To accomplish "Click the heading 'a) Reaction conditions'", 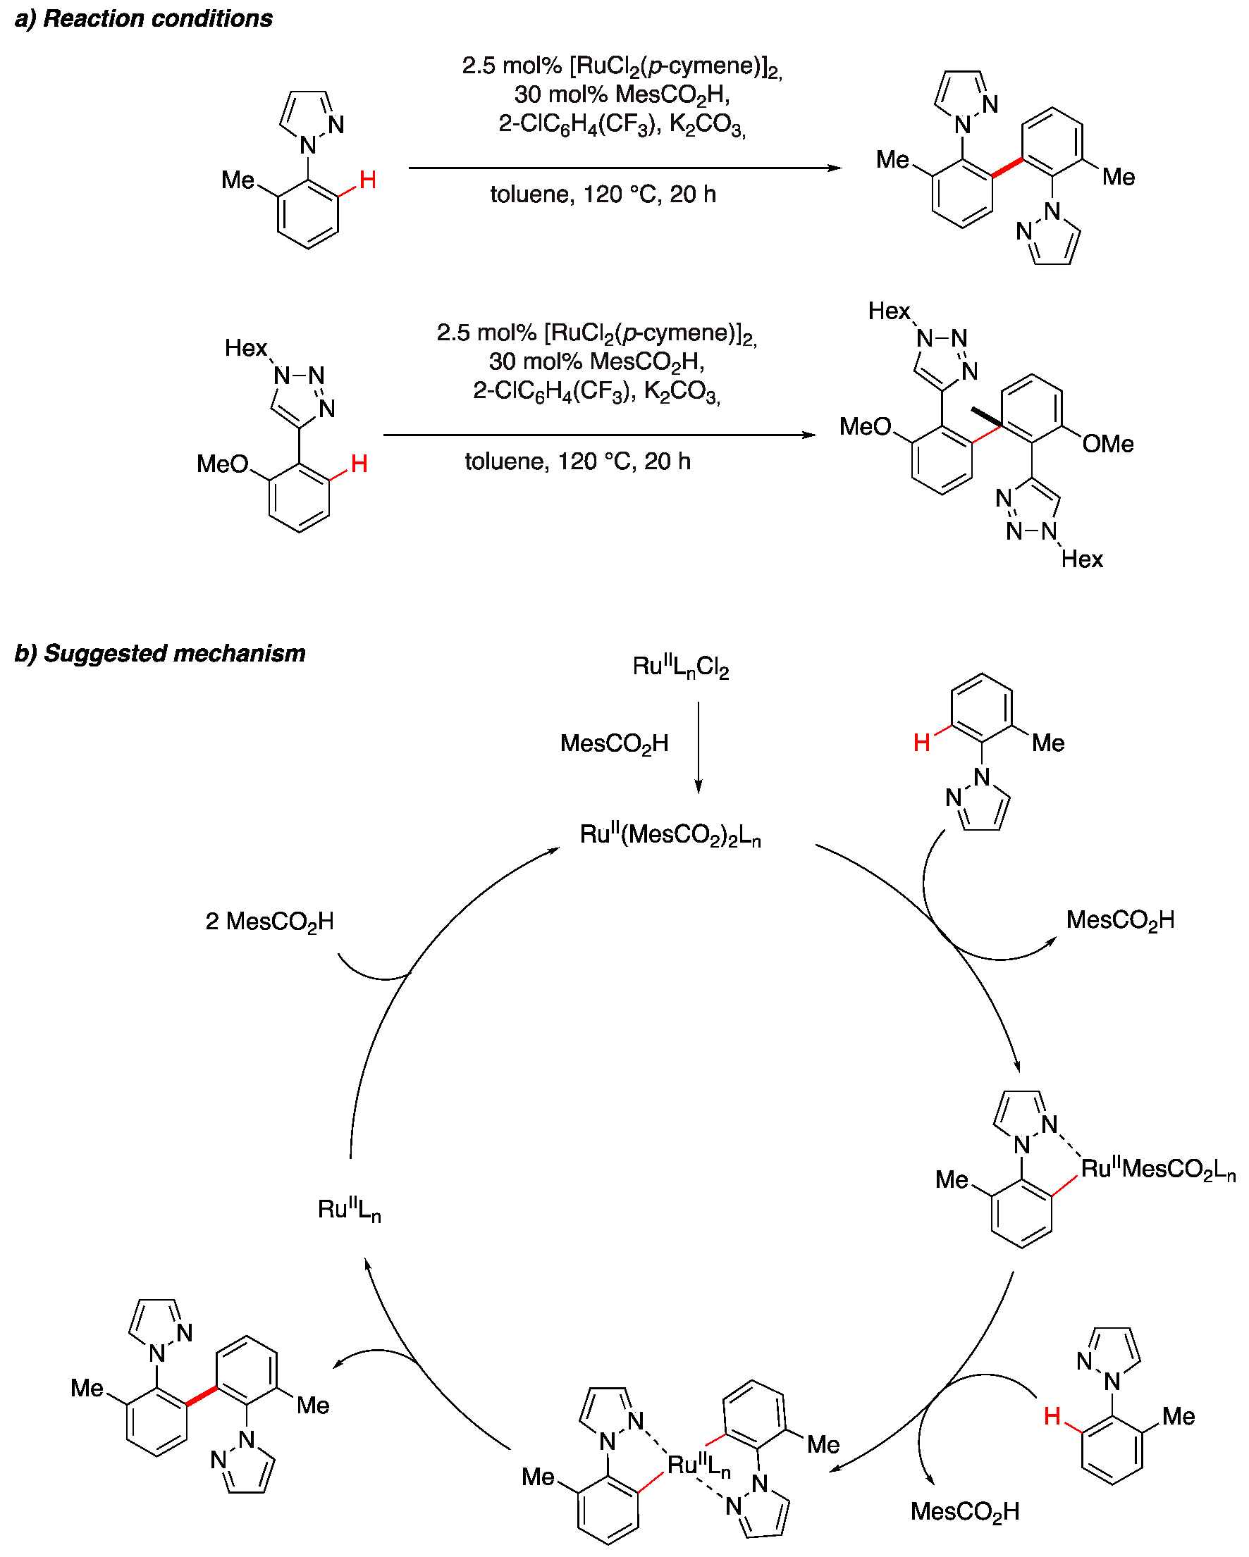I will [x=143, y=19].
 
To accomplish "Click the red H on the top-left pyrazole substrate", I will [x=367, y=180].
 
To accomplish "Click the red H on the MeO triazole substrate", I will [x=359, y=464].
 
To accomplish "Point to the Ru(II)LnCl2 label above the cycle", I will [x=679, y=666].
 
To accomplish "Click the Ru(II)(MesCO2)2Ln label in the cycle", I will [x=670, y=835].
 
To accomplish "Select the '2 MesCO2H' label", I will [x=269, y=922].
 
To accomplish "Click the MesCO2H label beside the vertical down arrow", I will [x=614, y=743].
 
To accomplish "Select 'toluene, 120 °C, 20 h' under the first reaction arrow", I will [x=603, y=194].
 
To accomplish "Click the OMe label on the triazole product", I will [x=1107, y=444].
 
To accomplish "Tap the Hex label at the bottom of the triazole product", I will [x=1081, y=559].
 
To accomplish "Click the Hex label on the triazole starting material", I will [x=245, y=348].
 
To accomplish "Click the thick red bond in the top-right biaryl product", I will [x=1007, y=168].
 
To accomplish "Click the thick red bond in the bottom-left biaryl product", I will [x=201, y=1395].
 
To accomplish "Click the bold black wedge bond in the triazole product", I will [x=986, y=416].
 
